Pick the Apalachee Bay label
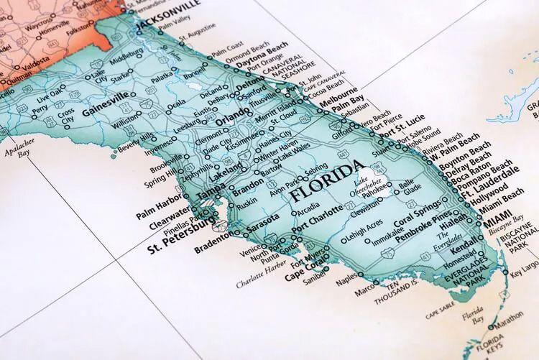[x=17, y=149]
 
